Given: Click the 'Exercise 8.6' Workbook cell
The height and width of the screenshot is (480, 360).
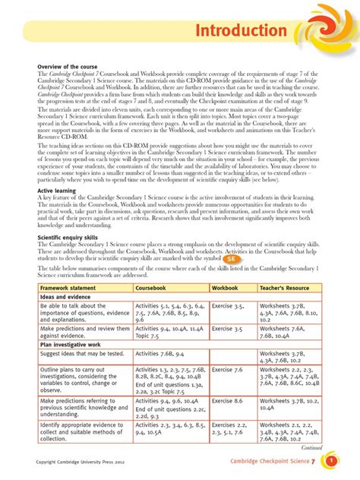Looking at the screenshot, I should coord(228,399).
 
